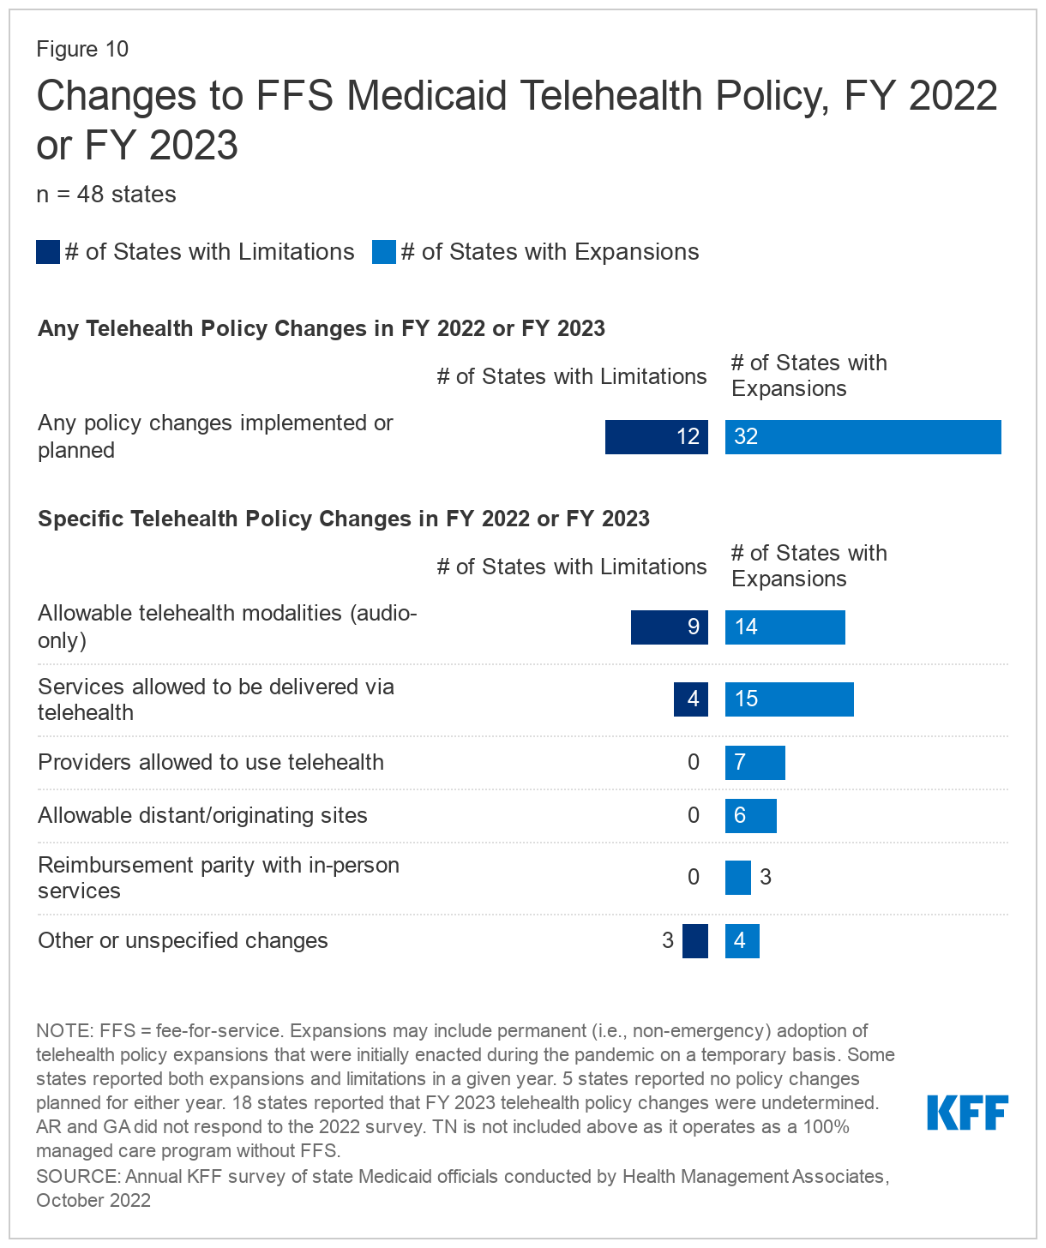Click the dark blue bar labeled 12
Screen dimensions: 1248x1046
tap(656, 437)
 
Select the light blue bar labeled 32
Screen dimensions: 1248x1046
tap(863, 437)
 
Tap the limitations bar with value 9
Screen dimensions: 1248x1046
tap(669, 627)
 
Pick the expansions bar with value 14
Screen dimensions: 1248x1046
tap(784, 627)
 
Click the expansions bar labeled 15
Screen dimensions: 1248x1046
tap(789, 699)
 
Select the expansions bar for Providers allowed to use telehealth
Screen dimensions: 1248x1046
tap(754, 763)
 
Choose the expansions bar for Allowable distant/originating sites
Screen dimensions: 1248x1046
tap(750, 816)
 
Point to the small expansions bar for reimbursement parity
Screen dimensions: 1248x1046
tap(737, 878)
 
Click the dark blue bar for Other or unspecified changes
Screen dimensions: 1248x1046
tap(694, 941)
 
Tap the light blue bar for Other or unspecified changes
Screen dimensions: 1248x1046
tap(742, 941)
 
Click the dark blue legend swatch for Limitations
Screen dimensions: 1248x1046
tap(48, 252)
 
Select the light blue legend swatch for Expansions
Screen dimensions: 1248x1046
tap(384, 252)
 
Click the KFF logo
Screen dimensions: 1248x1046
tap(967, 1113)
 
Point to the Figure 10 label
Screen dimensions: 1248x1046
tap(82, 49)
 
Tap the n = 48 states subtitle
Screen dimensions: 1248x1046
tap(106, 195)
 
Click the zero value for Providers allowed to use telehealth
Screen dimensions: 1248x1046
tap(694, 763)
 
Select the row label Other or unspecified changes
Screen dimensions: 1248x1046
tap(183, 941)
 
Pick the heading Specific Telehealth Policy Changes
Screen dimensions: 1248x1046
tap(344, 519)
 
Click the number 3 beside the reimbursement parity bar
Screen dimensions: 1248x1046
tap(766, 878)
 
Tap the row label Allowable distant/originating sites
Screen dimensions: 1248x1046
tap(202, 816)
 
